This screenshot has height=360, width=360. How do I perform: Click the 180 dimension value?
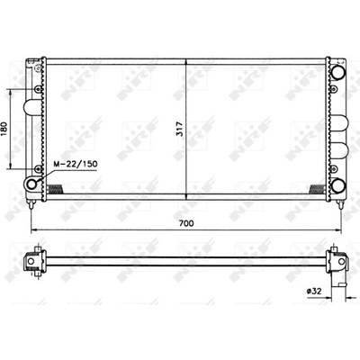pyautogui.click(x=4, y=130)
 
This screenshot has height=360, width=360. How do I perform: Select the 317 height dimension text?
pyautogui.click(x=180, y=129)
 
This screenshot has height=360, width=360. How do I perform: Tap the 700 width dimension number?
pyautogui.click(x=186, y=223)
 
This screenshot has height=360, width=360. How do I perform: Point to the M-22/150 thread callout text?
pyautogui.click(x=76, y=164)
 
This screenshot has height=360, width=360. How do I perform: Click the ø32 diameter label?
pyautogui.click(x=314, y=291)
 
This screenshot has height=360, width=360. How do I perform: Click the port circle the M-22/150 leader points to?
pyautogui.click(x=31, y=184)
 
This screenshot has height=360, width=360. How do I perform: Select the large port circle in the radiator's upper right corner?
pyautogui.click(x=338, y=71)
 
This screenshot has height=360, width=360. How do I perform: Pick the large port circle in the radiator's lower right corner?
pyautogui.click(x=338, y=185)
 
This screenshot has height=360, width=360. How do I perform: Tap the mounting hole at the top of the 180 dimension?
pyautogui.click(x=38, y=89)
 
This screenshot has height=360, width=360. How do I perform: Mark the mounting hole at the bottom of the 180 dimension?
pyautogui.click(x=38, y=169)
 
